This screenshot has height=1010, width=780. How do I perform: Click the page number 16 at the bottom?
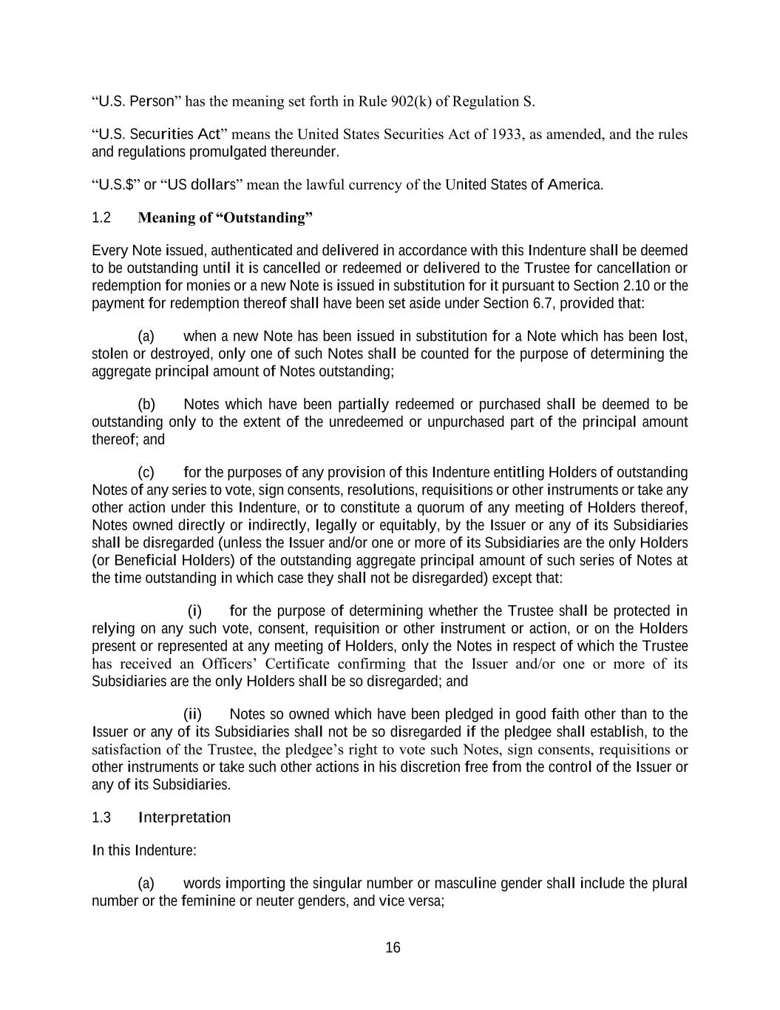point(393,948)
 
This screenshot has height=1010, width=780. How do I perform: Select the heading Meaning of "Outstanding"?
point(225,218)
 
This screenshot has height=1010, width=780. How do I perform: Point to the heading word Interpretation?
point(184,818)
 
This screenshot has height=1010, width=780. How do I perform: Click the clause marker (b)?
point(146,404)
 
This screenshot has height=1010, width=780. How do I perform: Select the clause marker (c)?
point(146,472)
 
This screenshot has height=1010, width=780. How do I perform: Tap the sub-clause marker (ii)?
point(192,714)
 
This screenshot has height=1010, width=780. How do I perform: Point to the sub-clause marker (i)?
point(194,611)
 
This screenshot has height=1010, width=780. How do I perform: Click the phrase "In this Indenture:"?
point(144,850)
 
